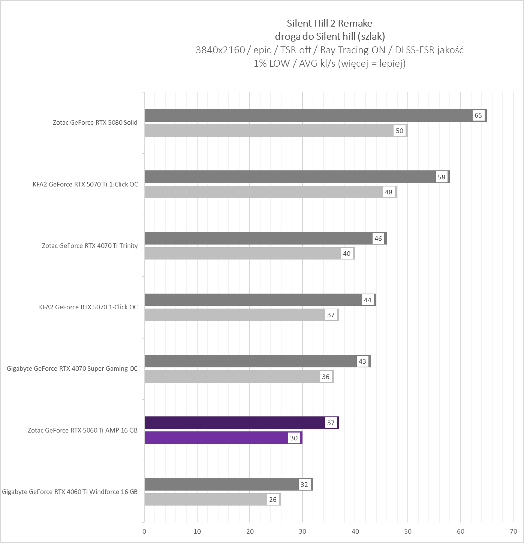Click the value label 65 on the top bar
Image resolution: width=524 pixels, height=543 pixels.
click(478, 115)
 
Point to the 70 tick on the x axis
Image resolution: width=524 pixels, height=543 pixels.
click(513, 531)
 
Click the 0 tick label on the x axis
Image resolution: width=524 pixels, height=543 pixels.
click(144, 531)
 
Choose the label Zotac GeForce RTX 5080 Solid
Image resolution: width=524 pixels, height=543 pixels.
click(95, 122)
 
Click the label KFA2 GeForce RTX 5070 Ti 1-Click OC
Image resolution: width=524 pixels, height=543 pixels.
click(85, 184)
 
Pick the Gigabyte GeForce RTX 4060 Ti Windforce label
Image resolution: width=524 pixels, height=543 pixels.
click(70, 492)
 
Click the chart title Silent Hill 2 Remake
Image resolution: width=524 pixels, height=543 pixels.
click(329, 23)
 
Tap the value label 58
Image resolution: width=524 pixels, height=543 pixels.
click(442, 177)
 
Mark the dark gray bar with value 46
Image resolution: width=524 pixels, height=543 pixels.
click(259, 238)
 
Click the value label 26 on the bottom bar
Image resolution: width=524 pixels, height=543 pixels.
click(273, 500)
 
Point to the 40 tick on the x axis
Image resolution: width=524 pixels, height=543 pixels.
click(355, 531)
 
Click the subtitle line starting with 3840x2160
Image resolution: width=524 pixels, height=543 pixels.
click(329, 50)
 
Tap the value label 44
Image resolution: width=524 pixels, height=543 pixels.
click(368, 300)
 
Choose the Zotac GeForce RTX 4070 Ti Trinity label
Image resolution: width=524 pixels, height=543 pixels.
click(90, 246)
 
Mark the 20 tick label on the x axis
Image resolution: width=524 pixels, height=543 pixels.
click(250, 531)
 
